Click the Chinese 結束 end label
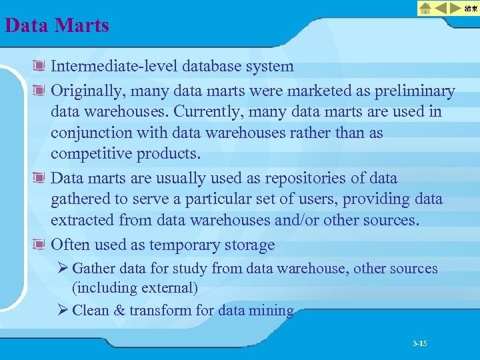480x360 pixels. click(x=471, y=9)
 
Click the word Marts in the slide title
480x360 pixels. click(x=83, y=26)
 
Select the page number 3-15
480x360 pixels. click(x=420, y=343)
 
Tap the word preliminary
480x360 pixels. click(x=413, y=90)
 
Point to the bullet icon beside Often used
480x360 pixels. click(x=40, y=245)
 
